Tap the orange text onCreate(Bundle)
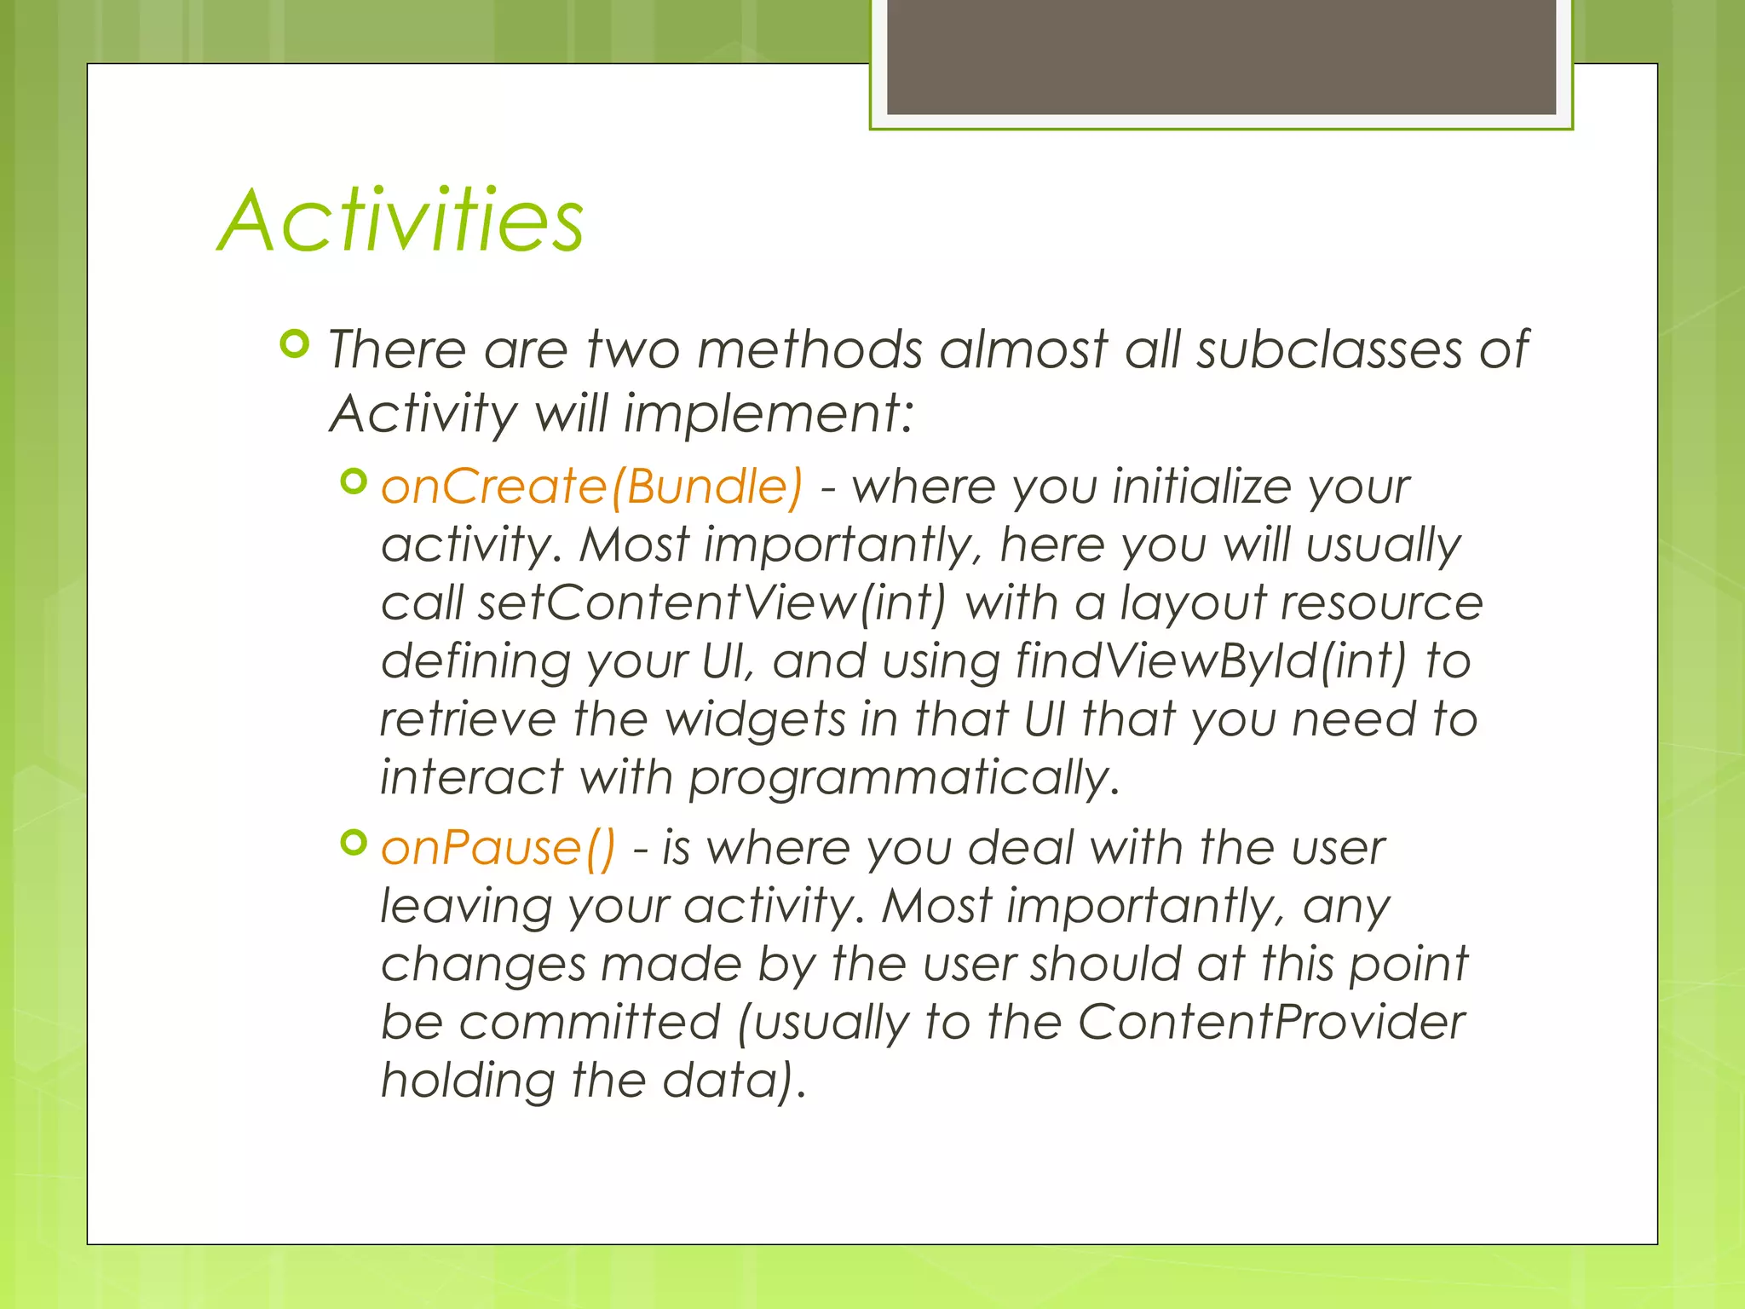click(591, 487)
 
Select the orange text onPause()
click(498, 849)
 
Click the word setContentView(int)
click(711, 603)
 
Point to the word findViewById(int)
click(1210, 661)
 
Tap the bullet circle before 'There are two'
click(294, 345)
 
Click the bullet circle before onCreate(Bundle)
click(353, 482)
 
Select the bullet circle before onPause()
click(353, 844)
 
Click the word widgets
click(755, 720)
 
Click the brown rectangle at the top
click(1221, 56)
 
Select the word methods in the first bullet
click(809, 349)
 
